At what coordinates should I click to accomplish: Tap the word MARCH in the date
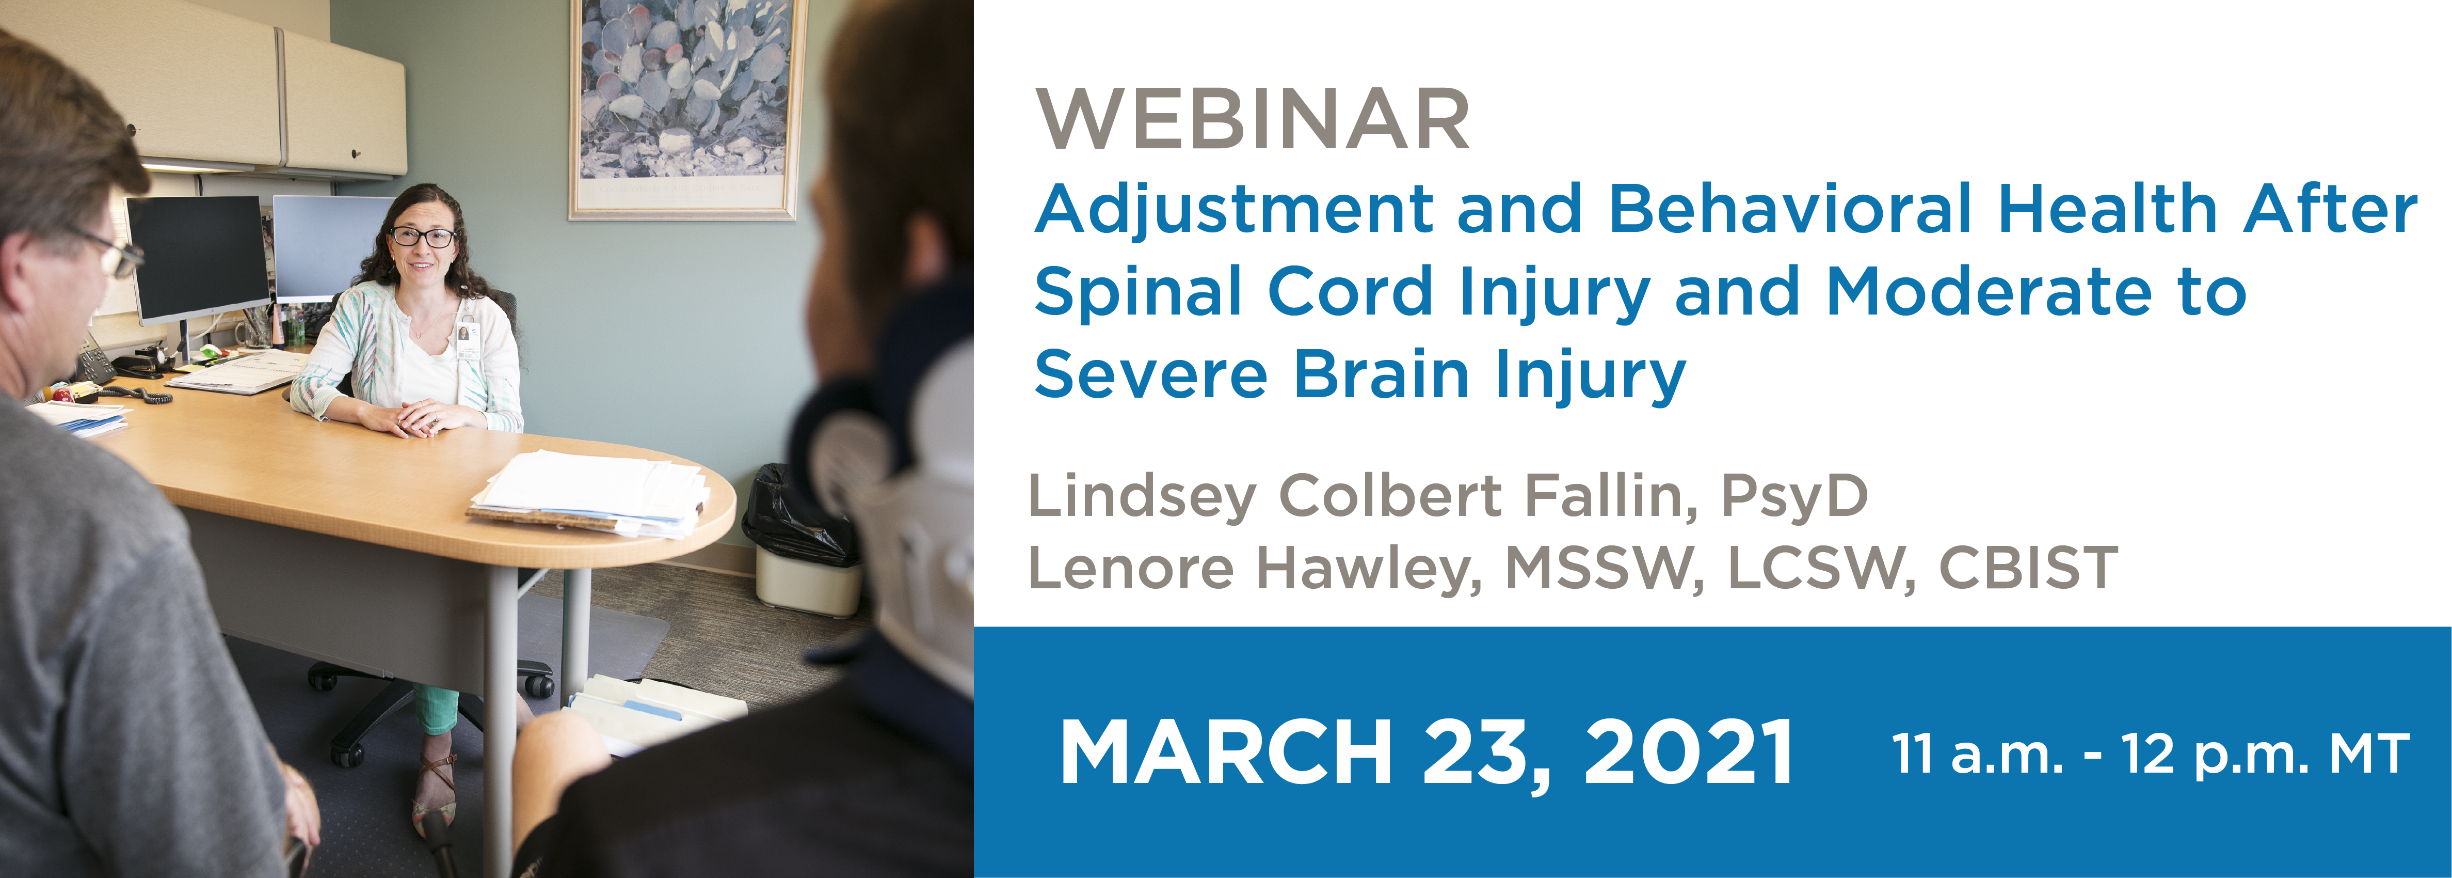coord(1227,752)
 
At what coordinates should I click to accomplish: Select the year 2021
coord(1688,752)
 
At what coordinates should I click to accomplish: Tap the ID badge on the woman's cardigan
coord(466,339)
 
